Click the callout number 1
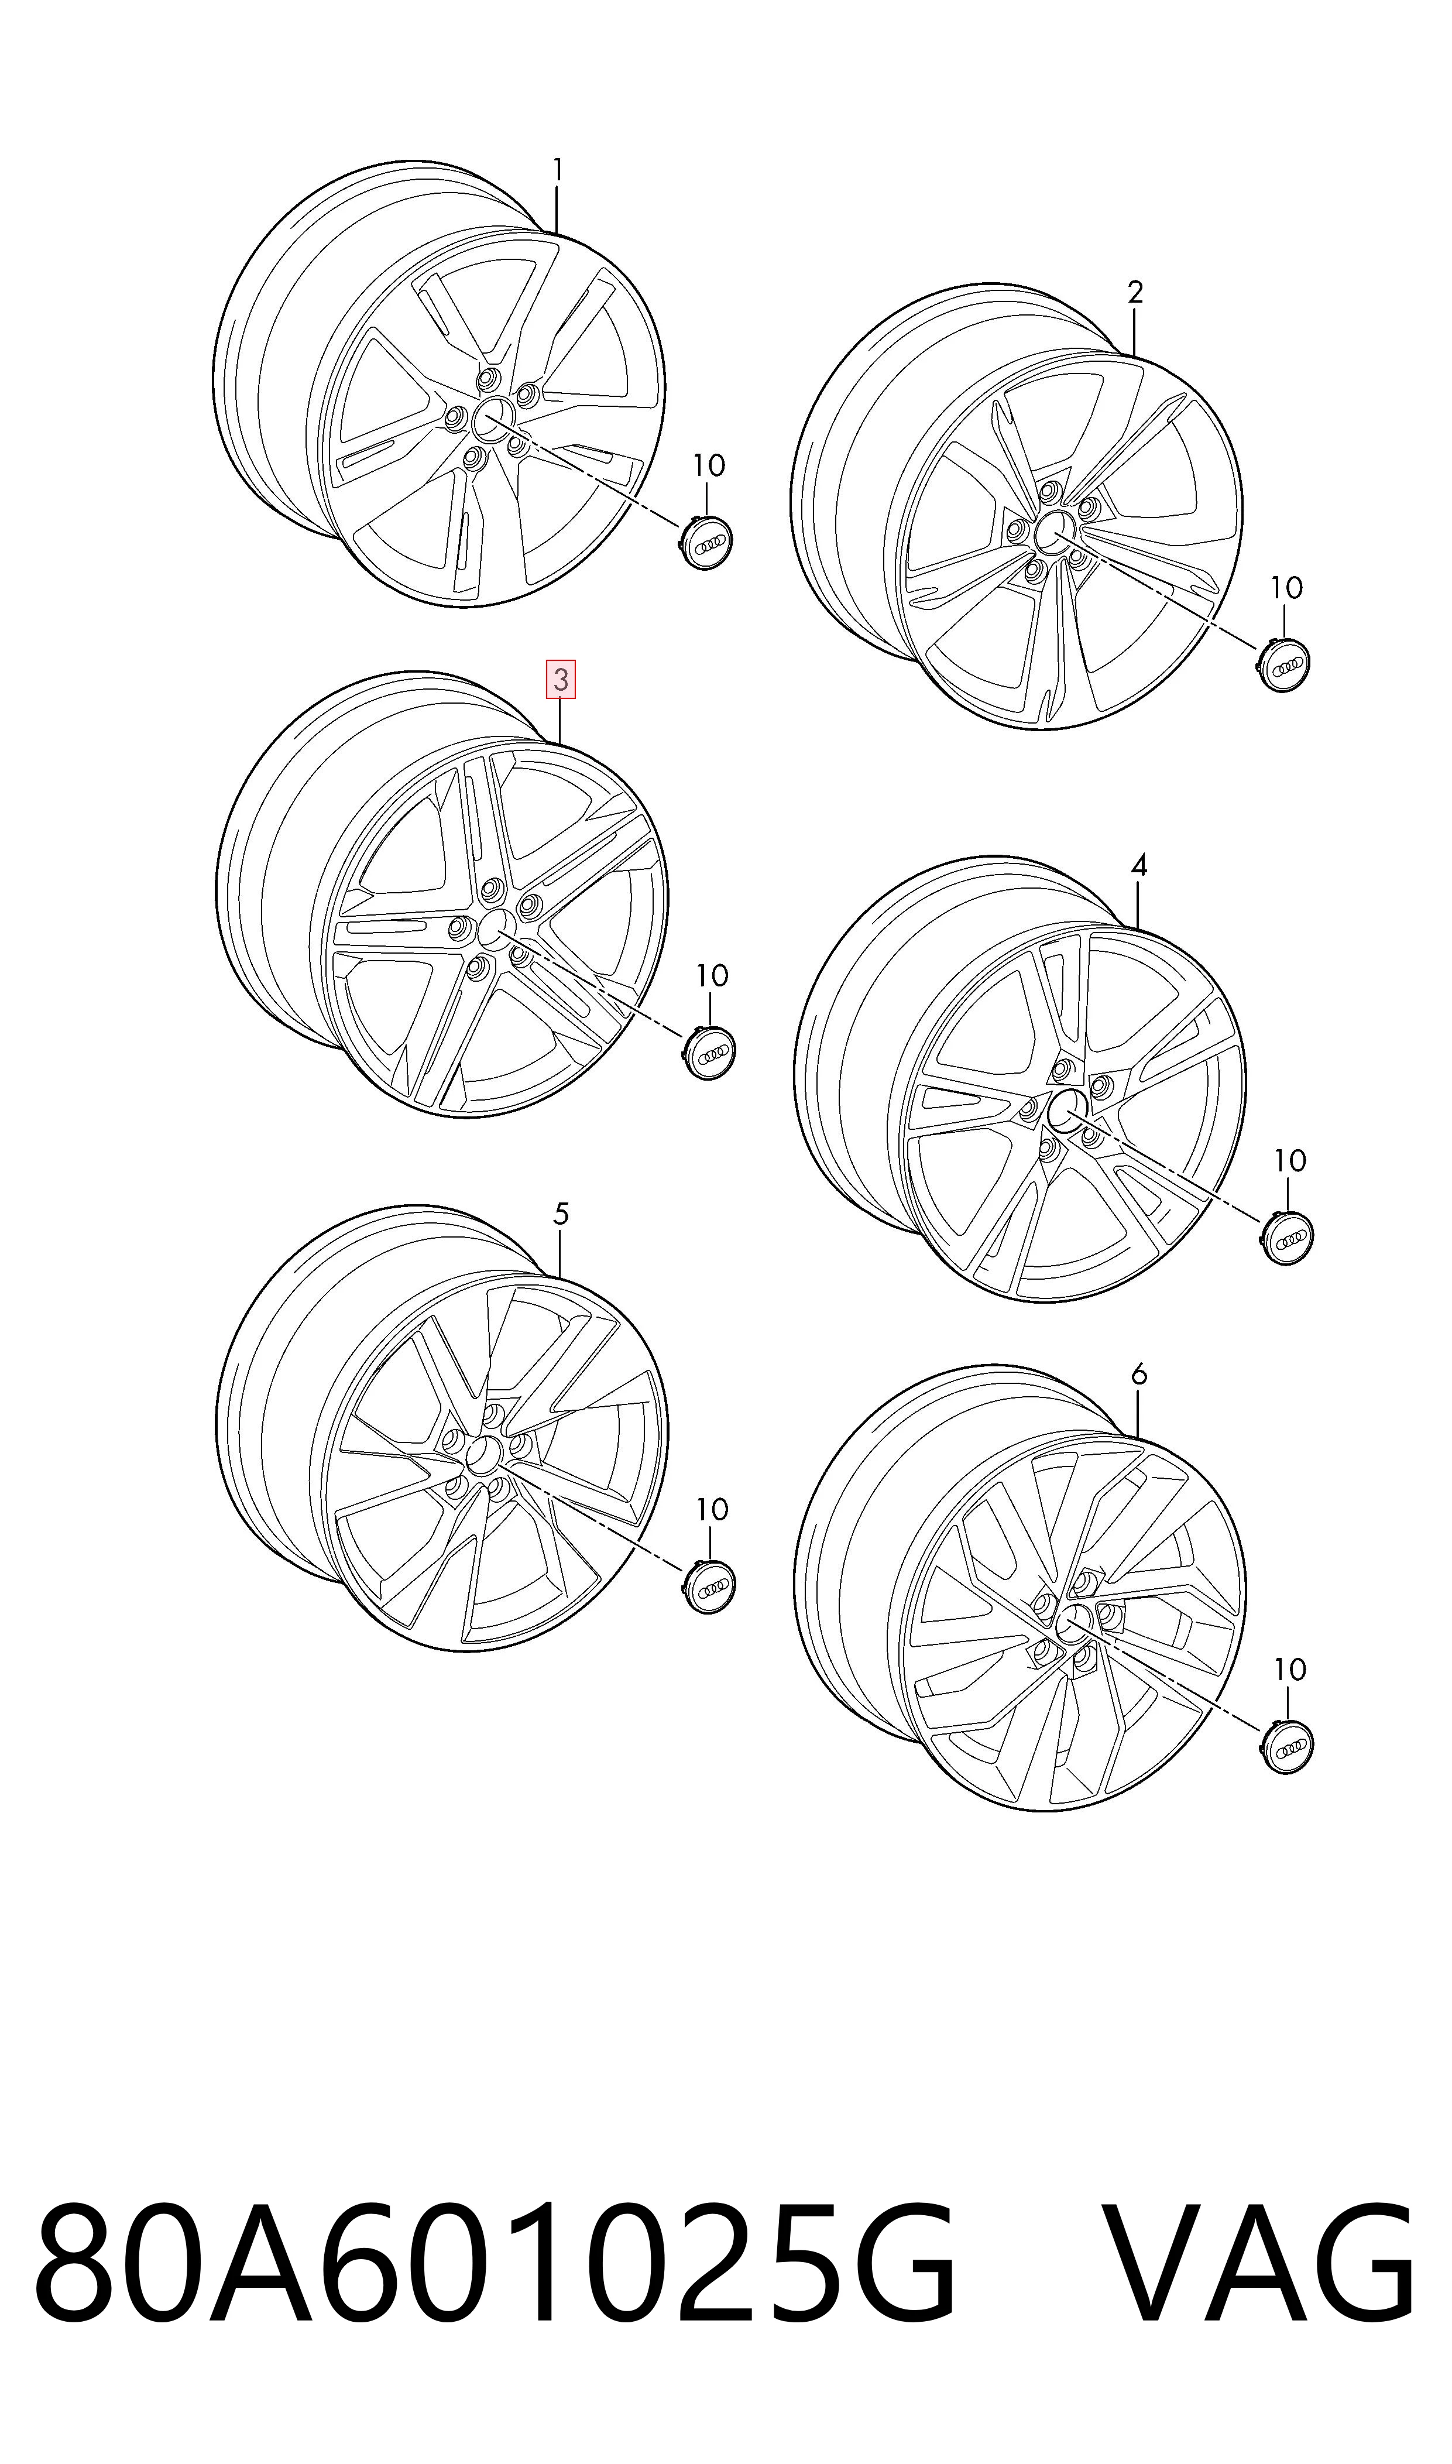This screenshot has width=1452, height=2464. pos(558,172)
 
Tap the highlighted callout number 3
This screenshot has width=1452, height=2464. pos(561,680)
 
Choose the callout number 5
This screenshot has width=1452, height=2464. pos(561,1214)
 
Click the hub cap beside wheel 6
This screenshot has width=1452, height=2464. pos(1286,1745)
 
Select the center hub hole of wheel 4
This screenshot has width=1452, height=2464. pos(1066,1109)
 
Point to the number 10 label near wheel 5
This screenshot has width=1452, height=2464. pos(711,1510)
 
